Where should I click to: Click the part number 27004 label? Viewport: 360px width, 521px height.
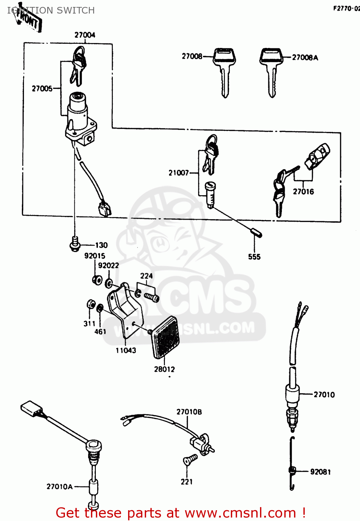tap(85, 35)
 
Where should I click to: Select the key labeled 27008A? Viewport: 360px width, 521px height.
tap(271, 71)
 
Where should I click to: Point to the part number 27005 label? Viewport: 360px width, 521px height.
tap(42, 89)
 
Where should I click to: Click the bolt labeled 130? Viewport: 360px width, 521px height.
tap(75, 244)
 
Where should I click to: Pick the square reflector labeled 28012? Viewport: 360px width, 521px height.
tap(166, 337)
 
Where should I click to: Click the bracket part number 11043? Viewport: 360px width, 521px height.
tap(126, 350)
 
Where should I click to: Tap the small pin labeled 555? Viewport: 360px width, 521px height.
tap(256, 232)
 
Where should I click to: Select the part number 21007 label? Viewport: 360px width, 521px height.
tap(178, 173)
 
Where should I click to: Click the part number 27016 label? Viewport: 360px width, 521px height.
tap(303, 191)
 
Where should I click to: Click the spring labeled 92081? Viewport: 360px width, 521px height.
tap(292, 471)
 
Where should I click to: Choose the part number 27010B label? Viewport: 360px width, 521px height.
tap(189, 412)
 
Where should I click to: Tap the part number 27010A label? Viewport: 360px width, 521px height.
tap(59, 487)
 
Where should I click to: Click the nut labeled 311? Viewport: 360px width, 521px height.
tap(91, 304)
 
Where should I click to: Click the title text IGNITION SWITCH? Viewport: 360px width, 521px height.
tap(51, 10)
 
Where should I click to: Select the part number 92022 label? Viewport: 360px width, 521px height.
tap(108, 265)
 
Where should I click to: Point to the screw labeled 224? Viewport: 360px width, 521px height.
tap(151, 297)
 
